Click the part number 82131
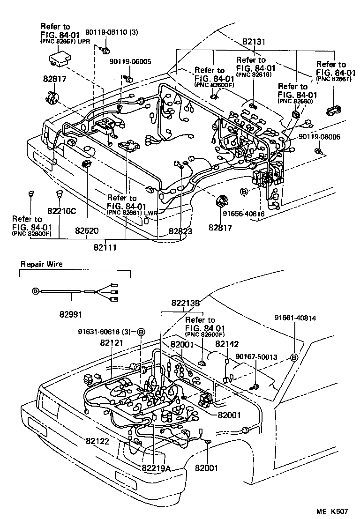click(254, 42)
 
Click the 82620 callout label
click(87, 230)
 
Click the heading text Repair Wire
click(41, 264)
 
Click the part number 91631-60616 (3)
click(107, 332)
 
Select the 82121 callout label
click(111, 343)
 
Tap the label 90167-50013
click(256, 357)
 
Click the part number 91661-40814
click(295, 318)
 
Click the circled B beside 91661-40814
click(294, 358)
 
